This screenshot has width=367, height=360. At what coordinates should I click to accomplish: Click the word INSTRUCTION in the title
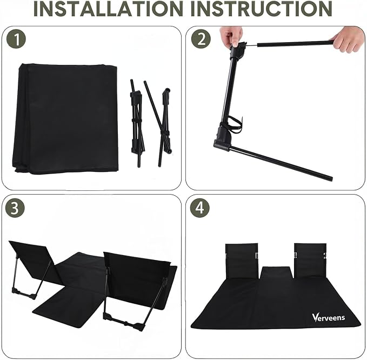pos(262,9)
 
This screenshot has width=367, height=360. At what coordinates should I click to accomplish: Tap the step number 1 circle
pos(16,39)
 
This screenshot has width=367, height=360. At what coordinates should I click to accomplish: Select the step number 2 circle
pos(201,39)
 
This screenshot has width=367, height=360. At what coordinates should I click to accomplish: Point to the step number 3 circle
pos(15,208)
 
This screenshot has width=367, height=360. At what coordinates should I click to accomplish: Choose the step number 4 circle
pos(199,208)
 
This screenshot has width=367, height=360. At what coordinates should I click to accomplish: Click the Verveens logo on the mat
pos(328,318)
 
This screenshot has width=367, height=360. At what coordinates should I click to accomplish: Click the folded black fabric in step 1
pos(65,119)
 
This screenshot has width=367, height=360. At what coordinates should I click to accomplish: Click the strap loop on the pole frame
pos(235,124)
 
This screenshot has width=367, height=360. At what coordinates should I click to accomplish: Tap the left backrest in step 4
pos(242,261)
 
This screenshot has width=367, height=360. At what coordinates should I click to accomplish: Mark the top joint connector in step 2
pos(238,51)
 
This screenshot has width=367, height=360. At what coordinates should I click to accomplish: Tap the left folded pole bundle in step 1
pos(137,123)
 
